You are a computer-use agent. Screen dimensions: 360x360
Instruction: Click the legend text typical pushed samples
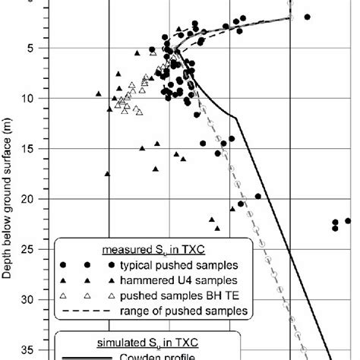point(182,265)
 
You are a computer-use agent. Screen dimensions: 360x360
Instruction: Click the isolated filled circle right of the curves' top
point(308,17)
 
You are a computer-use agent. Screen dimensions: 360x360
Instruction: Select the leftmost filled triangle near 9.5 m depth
point(99,93)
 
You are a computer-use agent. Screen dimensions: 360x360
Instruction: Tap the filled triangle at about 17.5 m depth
point(107,173)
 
